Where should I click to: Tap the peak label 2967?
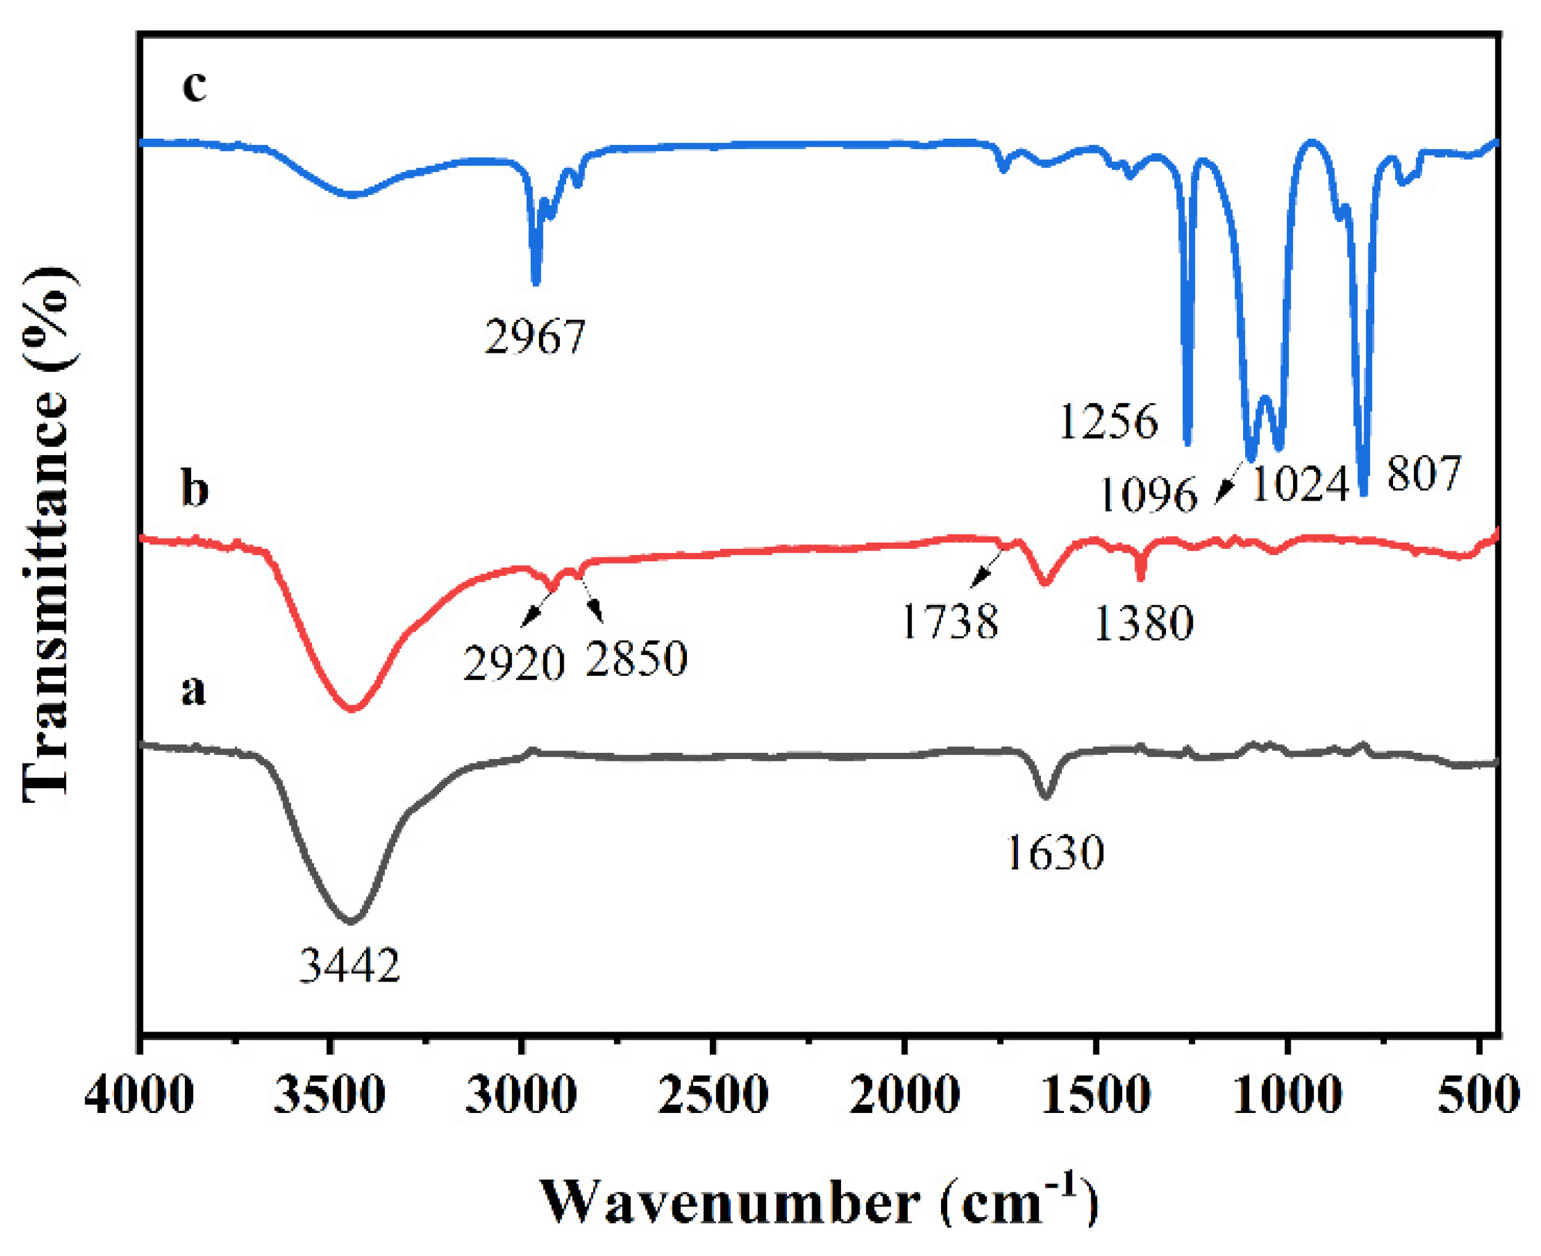535,337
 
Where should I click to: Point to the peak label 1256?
1108,421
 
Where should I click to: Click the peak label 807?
1424,474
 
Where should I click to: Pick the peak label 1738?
950,621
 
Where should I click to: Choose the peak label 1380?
1143,623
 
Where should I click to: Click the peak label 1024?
1300,484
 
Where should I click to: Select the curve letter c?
194,86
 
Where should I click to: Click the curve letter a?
193,689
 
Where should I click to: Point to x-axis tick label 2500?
713,1094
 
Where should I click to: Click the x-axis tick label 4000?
139,1094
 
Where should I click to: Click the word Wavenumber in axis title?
731,1202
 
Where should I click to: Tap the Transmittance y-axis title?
47,535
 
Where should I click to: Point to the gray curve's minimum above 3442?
351,921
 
